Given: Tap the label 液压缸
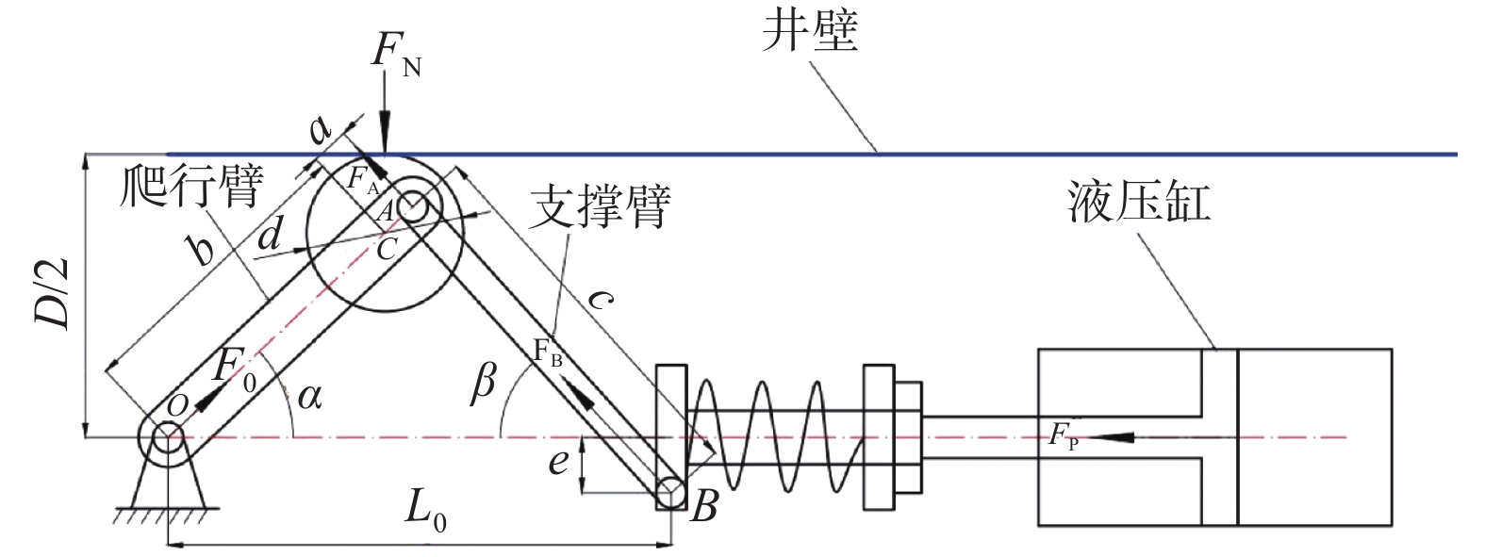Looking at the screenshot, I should [1139, 201].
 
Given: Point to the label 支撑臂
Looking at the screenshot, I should [600, 205].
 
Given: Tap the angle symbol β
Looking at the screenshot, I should [483, 384].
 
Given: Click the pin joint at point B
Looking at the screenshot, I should [671, 493].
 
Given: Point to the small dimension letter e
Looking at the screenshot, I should [558, 461].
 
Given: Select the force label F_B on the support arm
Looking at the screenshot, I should [548, 352].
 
